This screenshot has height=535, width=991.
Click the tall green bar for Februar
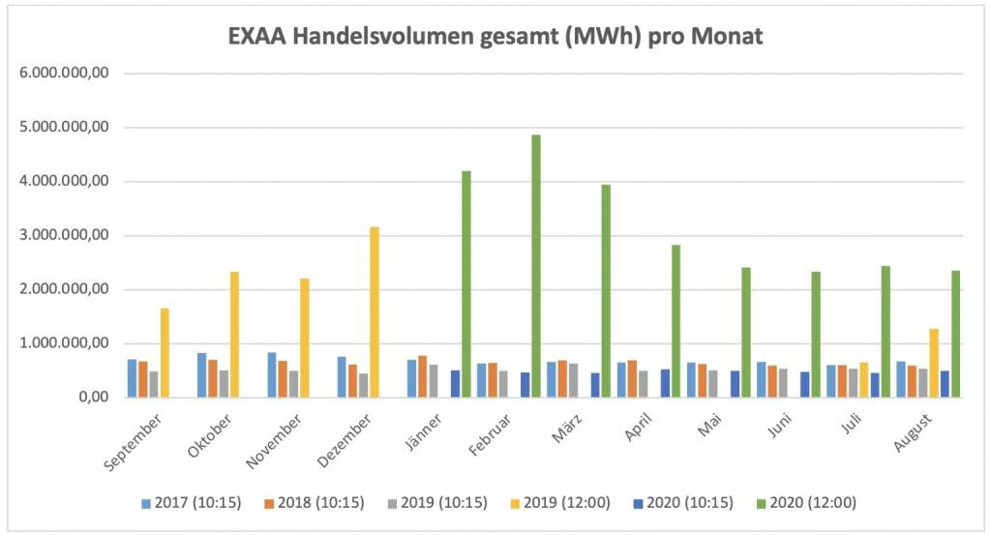point(536,266)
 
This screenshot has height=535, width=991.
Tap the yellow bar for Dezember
point(375,312)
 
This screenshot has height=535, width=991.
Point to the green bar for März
point(607,290)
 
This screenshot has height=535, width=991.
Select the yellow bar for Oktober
point(235,334)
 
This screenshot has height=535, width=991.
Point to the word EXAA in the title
point(255,38)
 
